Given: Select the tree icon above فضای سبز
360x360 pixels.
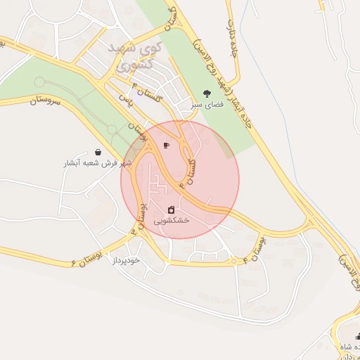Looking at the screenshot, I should click(206, 93).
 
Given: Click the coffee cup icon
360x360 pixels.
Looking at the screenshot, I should click(166, 146).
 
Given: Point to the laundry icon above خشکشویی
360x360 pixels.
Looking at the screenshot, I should click(171, 210).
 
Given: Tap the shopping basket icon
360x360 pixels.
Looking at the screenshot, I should click(97, 152).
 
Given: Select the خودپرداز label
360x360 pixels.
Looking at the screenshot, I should click(127, 260).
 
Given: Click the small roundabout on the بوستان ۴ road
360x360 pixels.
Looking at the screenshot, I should click(233, 263).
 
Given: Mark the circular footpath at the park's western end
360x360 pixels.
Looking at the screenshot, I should click(39, 82).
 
